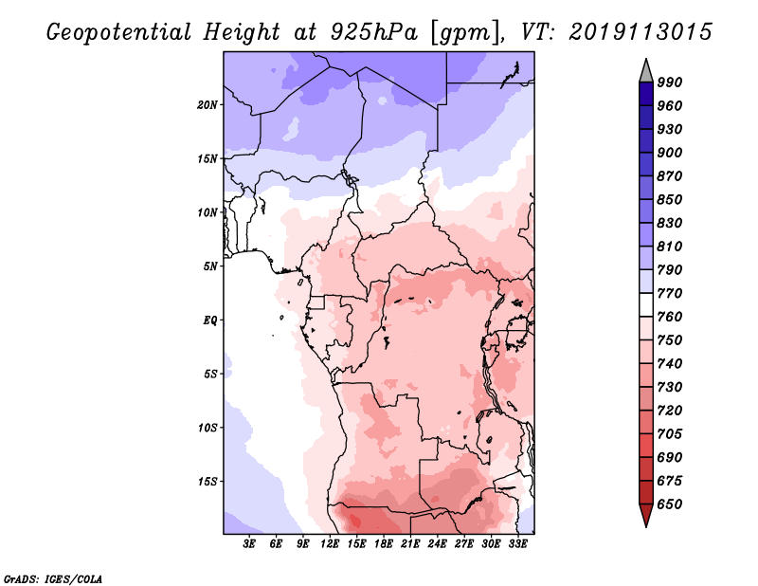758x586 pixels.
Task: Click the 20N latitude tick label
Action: [x=208, y=104]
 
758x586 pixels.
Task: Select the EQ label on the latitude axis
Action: [x=210, y=320]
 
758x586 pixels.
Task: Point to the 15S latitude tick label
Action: [x=208, y=482]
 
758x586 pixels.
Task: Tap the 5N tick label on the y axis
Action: [x=210, y=266]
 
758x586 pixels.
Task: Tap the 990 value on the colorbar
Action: [x=670, y=82]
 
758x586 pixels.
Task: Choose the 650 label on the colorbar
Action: [x=670, y=504]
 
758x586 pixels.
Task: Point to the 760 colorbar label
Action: [x=670, y=317]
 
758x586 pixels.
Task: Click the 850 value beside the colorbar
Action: [x=670, y=200]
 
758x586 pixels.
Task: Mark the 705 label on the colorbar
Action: [x=670, y=434]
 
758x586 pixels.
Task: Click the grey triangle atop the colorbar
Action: [x=646, y=70]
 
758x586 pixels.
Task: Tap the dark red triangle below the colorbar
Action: [x=646, y=516]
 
